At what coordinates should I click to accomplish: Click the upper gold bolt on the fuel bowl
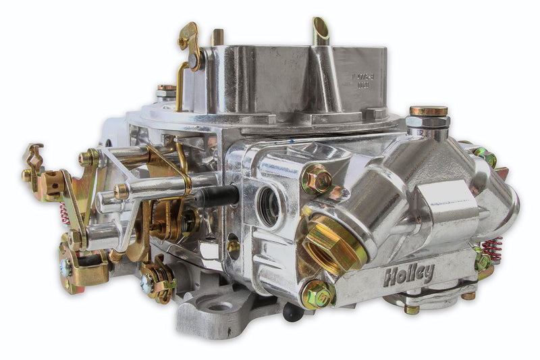point(316,179)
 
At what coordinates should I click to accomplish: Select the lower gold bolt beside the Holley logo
point(317,294)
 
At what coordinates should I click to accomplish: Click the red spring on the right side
point(492,248)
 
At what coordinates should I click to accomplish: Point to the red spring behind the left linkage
point(65,213)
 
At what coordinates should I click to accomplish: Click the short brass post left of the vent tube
point(217,36)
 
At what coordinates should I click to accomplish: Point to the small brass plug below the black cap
point(234,247)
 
